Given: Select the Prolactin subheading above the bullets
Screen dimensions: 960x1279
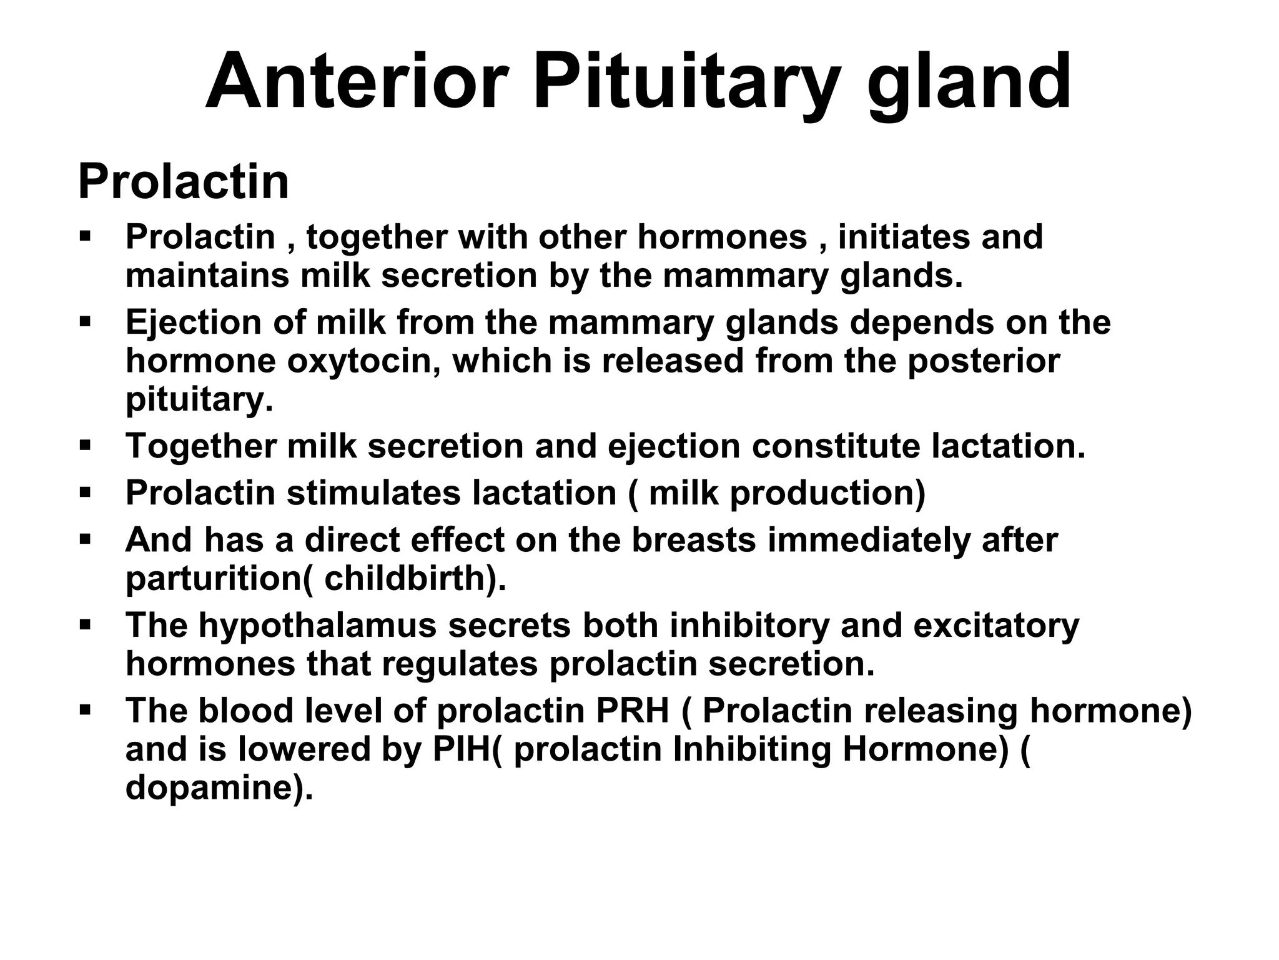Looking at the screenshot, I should click(x=183, y=181).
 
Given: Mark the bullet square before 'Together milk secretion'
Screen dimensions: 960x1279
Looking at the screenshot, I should click(x=86, y=446).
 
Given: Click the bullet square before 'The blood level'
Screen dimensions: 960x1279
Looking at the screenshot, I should click(x=86, y=711).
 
